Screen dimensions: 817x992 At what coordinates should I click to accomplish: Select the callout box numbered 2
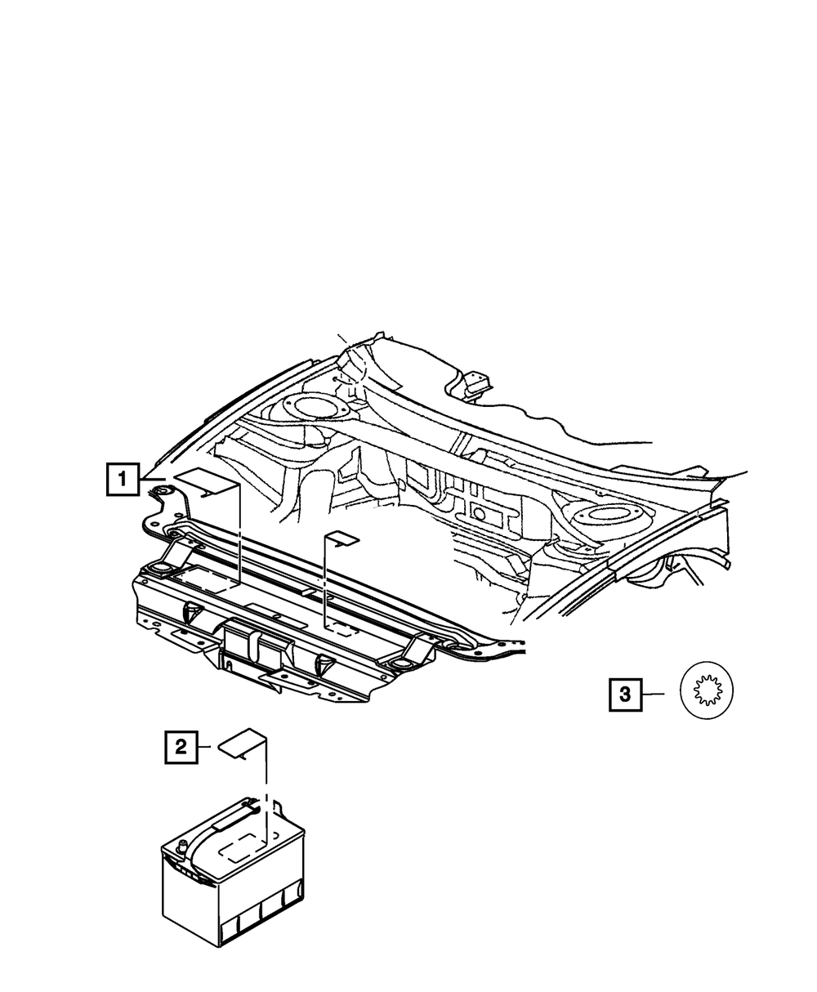coord(181,745)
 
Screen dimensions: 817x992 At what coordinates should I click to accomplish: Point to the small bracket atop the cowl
coord(475,384)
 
